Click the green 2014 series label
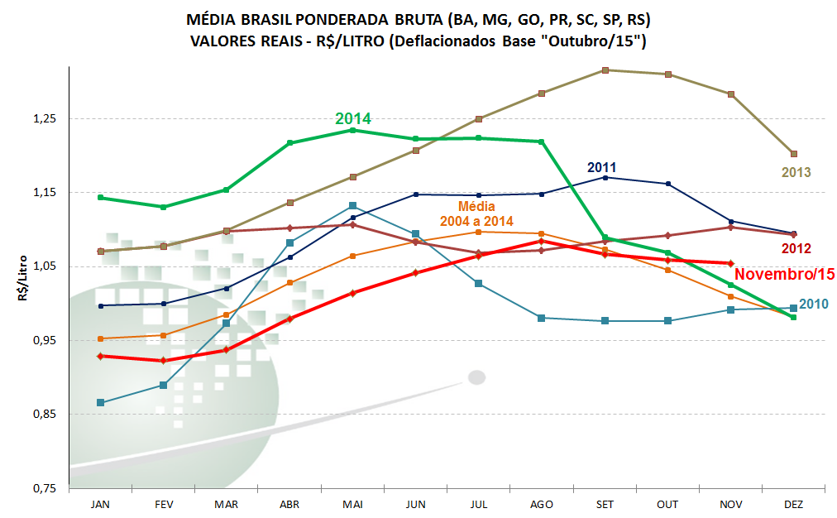click(x=353, y=119)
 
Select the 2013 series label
click(x=796, y=173)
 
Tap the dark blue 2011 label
click(x=601, y=166)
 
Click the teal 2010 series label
click(x=813, y=305)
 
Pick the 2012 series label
click(x=796, y=248)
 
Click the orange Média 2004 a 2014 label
click(x=476, y=213)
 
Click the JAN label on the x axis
click(x=100, y=504)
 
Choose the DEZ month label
click(x=793, y=504)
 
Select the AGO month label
click(x=541, y=504)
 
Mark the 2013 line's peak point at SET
click(x=605, y=70)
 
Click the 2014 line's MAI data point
click(x=352, y=130)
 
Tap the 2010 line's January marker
click(x=101, y=403)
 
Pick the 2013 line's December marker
click(x=793, y=154)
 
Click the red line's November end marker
click(x=730, y=263)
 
